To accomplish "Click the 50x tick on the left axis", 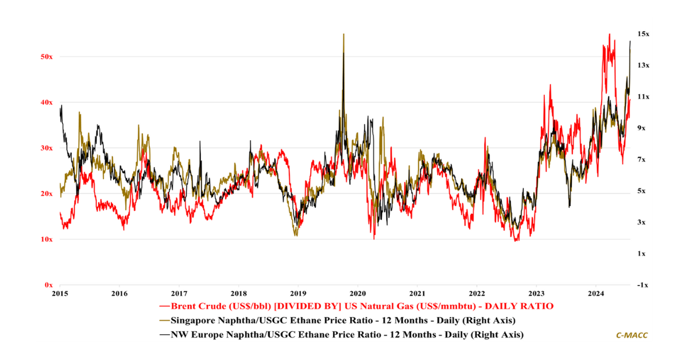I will (47, 57).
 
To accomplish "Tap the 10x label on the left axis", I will (47, 239).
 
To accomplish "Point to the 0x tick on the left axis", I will (49, 285).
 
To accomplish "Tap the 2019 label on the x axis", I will (298, 293).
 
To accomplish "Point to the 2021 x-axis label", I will (417, 293).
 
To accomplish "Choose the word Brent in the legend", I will (184, 307).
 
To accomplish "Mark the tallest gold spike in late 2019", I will (343, 34).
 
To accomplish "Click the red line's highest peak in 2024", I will (609, 34).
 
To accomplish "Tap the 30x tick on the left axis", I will (47, 148).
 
